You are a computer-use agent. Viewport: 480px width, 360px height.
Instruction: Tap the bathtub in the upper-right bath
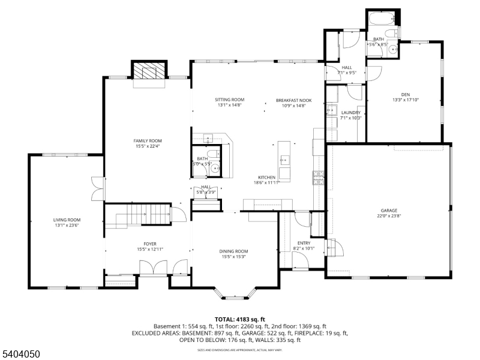click(x=382, y=19)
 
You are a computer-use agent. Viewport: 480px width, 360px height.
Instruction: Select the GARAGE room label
click(x=389, y=211)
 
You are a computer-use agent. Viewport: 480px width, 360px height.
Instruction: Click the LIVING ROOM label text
click(x=67, y=220)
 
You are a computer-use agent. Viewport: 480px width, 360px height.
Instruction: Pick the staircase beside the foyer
click(x=139, y=213)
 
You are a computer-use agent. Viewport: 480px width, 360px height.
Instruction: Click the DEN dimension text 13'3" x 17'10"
click(x=405, y=100)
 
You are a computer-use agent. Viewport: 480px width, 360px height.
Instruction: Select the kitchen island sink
click(x=285, y=160)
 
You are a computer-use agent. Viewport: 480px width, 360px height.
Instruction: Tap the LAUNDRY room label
click(x=350, y=112)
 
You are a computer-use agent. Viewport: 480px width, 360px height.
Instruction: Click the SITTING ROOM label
click(x=230, y=100)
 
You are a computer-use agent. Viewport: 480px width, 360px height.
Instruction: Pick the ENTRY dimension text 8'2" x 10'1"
click(x=304, y=247)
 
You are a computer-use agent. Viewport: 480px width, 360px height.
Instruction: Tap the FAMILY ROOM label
click(x=148, y=140)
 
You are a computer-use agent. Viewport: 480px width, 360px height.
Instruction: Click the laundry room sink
click(x=331, y=112)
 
